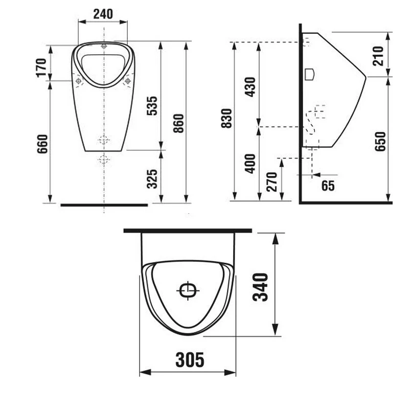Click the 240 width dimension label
(103, 14)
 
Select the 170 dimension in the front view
(41, 68)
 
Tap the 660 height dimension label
(42, 144)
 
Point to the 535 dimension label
(152, 106)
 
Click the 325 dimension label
(152, 179)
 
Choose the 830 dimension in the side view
(226, 119)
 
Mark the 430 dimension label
(250, 87)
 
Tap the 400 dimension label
(250, 164)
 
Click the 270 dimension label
(272, 182)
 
